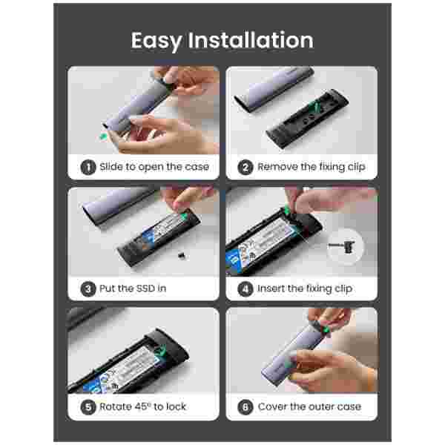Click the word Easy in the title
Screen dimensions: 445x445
[156, 42]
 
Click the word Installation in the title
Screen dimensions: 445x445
[251, 40]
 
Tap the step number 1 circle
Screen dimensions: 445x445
[88, 167]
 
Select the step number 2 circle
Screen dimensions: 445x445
[245, 167]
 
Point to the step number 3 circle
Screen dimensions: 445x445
[88, 289]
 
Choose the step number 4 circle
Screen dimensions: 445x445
[245, 289]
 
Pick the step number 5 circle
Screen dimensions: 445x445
[88, 407]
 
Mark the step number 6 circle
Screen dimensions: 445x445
[245, 407]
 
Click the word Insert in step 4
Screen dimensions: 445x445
[271, 289]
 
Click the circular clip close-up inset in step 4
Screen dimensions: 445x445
[344, 247]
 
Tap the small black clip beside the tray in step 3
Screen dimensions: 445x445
[181, 256]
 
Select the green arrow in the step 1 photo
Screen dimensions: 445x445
[104, 136]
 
